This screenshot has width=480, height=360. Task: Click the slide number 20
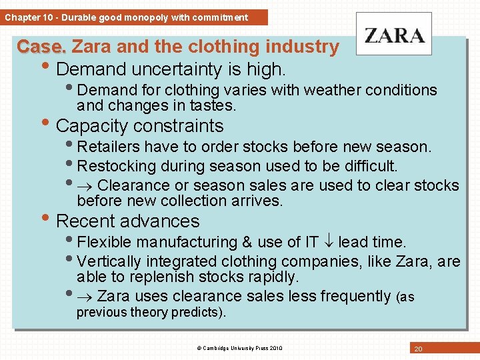click(x=418, y=349)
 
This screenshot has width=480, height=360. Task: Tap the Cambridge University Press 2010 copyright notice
click(x=239, y=348)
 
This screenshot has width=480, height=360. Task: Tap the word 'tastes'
click(x=215, y=105)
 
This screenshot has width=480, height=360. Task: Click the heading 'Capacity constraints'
click(x=140, y=126)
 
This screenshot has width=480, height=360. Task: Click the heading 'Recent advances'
click(x=128, y=221)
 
